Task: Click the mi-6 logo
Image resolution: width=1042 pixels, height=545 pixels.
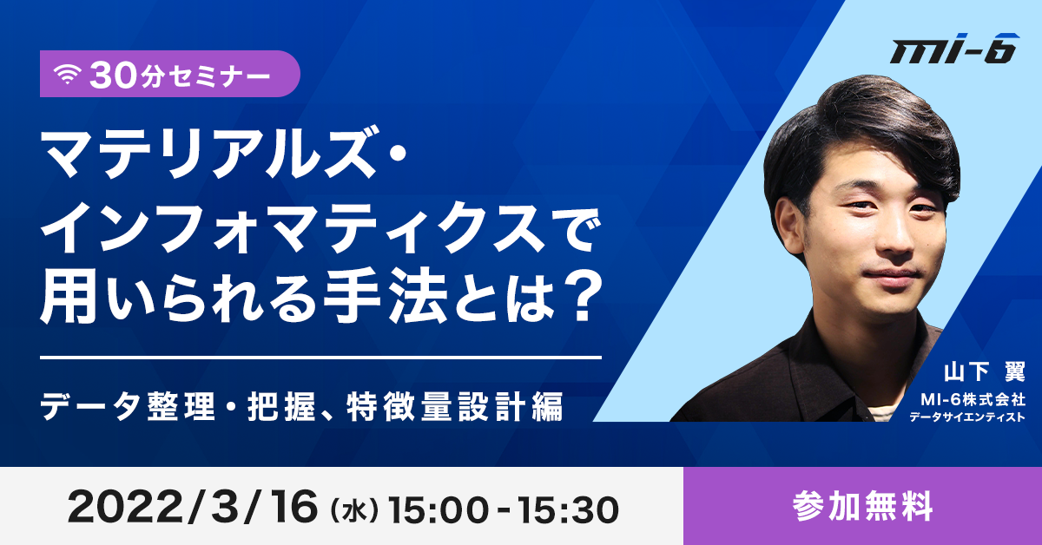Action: (x=954, y=49)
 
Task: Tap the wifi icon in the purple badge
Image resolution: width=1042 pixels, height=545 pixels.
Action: (x=68, y=75)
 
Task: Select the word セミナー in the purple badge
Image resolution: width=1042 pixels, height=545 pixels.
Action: (x=220, y=76)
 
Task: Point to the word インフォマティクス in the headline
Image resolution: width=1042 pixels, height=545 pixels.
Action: (x=293, y=229)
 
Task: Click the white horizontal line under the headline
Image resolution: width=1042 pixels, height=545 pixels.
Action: (x=321, y=358)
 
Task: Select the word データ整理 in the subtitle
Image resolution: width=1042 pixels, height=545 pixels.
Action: (x=128, y=406)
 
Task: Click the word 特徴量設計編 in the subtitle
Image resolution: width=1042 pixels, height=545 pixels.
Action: (x=454, y=406)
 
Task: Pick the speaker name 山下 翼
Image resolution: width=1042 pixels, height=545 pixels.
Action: (x=985, y=372)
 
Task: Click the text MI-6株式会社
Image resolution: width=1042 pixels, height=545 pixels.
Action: (x=973, y=399)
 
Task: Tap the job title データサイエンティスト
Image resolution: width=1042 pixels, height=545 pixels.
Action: (x=967, y=417)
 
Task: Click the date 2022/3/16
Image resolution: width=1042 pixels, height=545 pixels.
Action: (x=193, y=508)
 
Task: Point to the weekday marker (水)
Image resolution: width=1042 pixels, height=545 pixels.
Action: (x=353, y=510)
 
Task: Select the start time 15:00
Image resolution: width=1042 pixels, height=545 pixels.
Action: (x=439, y=510)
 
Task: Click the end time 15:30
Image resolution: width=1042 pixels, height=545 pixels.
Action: (x=569, y=510)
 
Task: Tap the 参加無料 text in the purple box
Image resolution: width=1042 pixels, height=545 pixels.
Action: (x=863, y=507)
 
